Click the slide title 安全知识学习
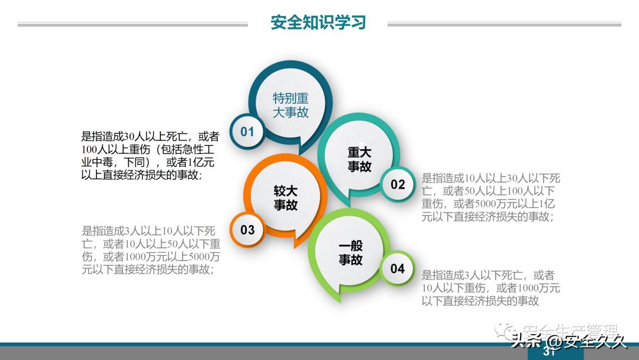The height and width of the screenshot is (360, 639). coord(318,22)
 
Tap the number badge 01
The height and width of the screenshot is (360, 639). coord(247,131)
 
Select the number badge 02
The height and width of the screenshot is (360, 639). coord(398,184)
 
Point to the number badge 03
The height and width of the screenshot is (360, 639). coord(247,229)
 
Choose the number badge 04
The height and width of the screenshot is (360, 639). coord(398,269)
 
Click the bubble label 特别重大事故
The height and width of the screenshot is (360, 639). coord(291,105)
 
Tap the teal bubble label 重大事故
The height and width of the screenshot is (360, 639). coord(359,160)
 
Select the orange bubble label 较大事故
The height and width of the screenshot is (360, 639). coord(285,198)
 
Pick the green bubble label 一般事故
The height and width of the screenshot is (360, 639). coord(351,253)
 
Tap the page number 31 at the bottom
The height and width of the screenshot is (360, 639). coord(548,353)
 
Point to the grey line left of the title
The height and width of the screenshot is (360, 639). coord(133,25)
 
